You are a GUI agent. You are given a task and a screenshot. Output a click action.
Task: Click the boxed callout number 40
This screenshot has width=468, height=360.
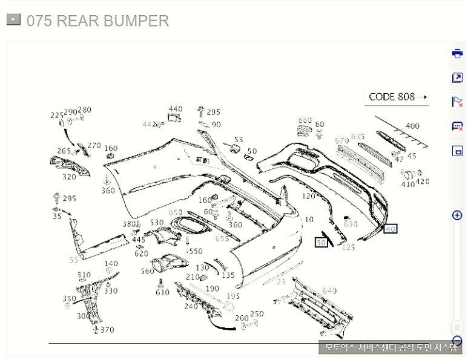pos(391,229)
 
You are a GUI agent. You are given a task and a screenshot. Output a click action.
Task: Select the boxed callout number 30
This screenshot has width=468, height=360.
pos(321,242)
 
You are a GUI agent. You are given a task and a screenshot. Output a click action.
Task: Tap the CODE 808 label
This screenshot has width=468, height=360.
pos(392,97)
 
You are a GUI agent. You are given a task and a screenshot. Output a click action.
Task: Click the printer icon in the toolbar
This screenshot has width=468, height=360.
pos(457,53)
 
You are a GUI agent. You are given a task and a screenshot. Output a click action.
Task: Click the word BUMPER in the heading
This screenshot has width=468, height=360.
pos(136,21)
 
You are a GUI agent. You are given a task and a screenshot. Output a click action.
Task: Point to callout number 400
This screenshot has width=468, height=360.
pos(412,126)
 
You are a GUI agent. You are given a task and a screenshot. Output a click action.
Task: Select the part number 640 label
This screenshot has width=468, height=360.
pos(329,291)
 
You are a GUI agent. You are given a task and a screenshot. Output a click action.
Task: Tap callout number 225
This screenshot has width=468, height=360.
pos(57,115)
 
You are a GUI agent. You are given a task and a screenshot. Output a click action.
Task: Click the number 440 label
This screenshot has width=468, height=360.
pos(176,109)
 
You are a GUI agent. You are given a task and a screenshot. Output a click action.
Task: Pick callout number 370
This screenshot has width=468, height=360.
pos(107,330)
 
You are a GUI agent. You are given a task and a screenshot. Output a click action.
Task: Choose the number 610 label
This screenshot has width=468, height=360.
pos(162,293)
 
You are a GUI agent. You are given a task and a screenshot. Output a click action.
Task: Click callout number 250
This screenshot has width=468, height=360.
pos(257,314)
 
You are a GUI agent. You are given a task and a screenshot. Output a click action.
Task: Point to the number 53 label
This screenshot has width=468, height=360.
pos(239,140)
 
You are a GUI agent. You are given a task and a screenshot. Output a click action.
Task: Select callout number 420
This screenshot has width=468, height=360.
pos(423,182)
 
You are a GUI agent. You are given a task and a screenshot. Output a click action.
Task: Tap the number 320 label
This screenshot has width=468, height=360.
pos(70,177)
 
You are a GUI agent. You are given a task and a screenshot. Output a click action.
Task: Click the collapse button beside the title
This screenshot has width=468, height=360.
pos(13,20)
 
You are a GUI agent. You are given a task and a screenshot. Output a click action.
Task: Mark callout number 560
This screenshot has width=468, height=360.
pos(148,272)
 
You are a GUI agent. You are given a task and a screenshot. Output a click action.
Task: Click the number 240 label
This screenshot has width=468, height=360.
pos(191,306)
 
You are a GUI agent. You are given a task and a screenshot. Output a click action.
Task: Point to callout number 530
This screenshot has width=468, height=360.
pos(157,223)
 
